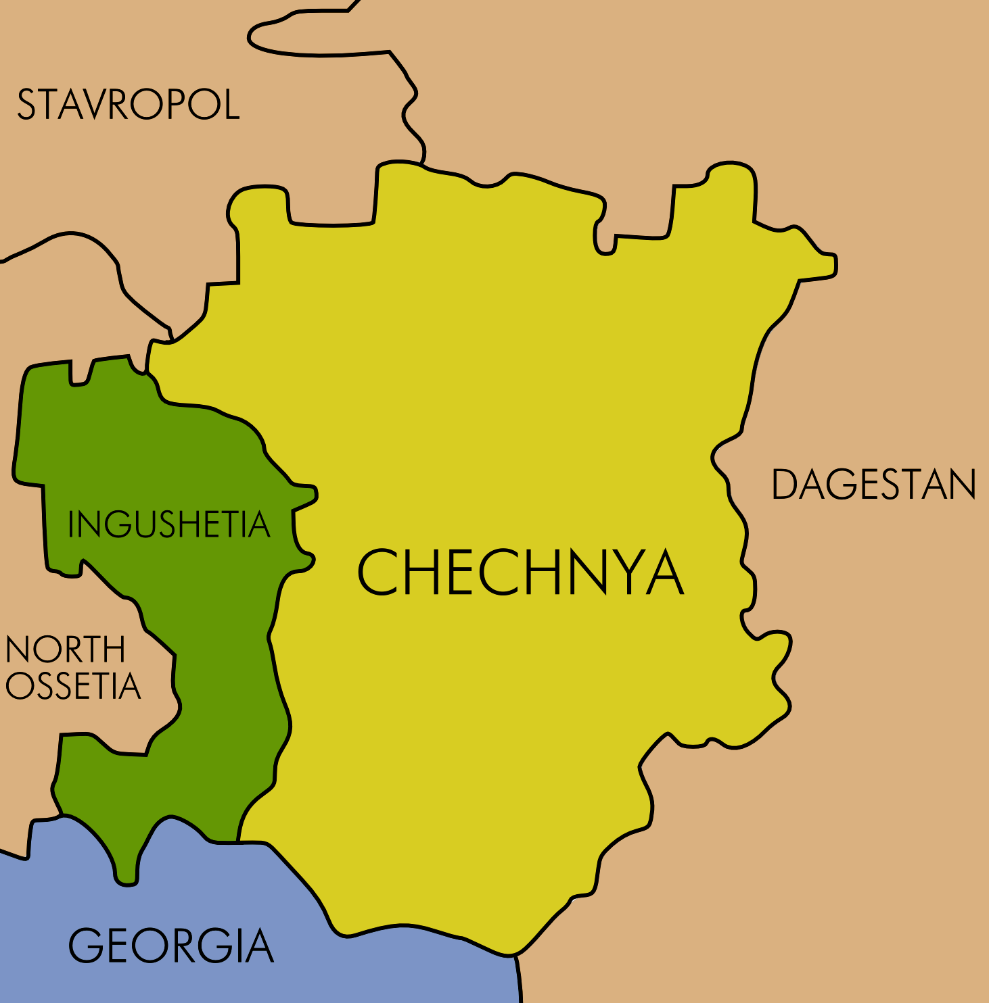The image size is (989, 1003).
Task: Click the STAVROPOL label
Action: click(128, 105)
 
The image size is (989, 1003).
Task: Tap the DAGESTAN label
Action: click(873, 485)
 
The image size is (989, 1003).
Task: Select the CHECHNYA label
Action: click(520, 572)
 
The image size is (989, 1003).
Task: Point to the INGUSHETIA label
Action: click(168, 524)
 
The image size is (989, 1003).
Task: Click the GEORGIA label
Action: click(170, 946)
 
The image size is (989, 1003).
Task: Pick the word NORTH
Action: click(65, 650)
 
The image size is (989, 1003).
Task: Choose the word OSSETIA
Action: click(72, 686)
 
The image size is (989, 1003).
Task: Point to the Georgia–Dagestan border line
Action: click(519, 980)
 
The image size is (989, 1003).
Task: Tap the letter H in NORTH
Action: click(116, 650)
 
